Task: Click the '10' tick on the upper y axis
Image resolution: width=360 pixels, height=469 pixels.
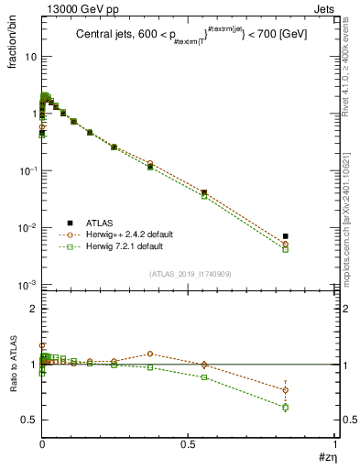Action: [x=29, y=57]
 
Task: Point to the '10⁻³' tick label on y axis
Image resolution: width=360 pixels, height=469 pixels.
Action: [x=27, y=286]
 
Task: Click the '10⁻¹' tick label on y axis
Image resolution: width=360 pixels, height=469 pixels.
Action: [x=27, y=171]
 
